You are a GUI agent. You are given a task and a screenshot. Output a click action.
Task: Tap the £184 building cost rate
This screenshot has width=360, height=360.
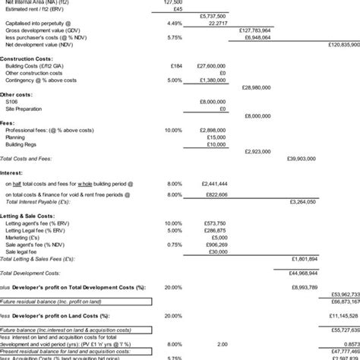tap(175, 66)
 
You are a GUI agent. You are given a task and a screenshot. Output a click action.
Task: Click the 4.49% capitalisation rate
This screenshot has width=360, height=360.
tap(173, 24)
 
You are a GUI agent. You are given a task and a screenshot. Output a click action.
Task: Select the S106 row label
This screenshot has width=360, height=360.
tap(11, 101)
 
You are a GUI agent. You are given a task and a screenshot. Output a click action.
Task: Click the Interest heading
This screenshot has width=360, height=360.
tap(13, 172)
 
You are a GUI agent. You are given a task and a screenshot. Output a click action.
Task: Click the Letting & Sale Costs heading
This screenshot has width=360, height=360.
tap(33, 216)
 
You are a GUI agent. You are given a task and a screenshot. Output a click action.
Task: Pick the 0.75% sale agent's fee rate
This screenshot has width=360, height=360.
tap(173, 244)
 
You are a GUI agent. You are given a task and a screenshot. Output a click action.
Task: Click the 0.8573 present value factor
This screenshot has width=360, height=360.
tap(348, 343)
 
